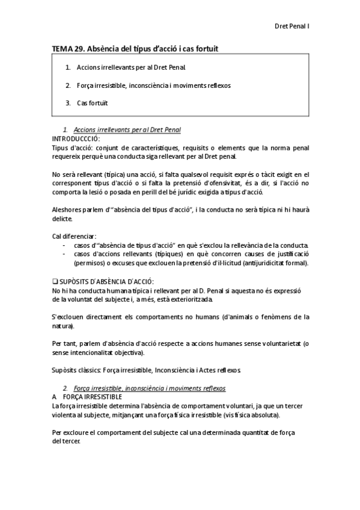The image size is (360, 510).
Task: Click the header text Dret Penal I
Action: [291, 26]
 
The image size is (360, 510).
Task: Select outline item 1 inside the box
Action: [126, 68]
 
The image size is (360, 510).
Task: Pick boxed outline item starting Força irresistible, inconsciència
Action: [153, 85]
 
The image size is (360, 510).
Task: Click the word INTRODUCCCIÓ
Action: [76, 138]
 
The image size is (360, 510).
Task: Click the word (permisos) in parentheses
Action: [89, 262]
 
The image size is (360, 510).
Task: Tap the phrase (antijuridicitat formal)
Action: [273, 262]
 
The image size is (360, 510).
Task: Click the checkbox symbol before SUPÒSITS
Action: [55, 281]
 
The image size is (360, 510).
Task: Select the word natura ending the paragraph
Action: [62, 325]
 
